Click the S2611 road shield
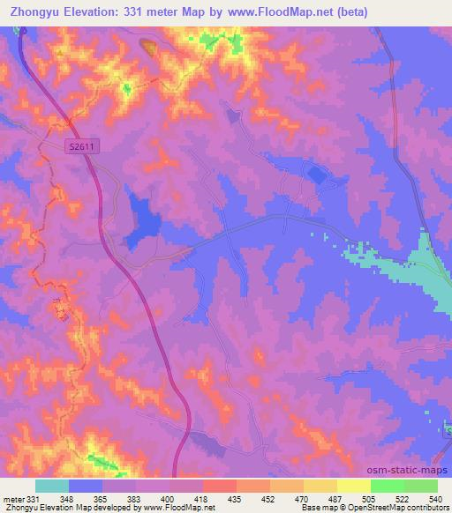click(x=80, y=152)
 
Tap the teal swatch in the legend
click(x=52, y=486)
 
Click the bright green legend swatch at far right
click(x=421, y=486)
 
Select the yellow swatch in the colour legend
click(x=353, y=486)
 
